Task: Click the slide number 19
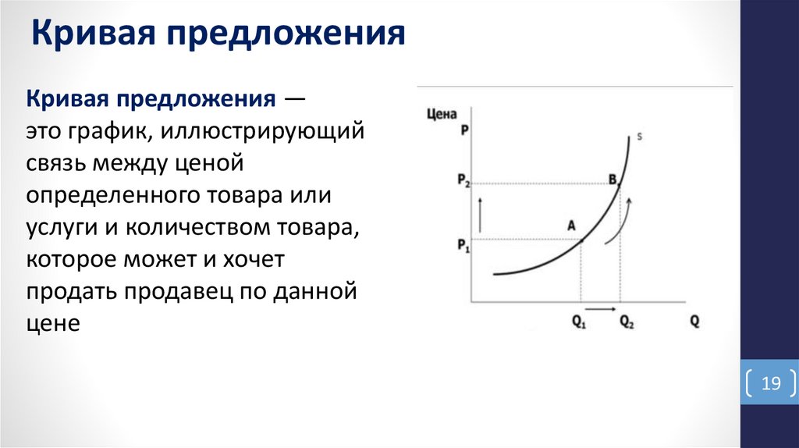(x=771, y=383)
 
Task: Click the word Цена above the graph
(x=442, y=114)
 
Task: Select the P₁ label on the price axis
(x=463, y=245)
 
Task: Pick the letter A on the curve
(x=571, y=224)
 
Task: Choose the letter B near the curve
(x=613, y=180)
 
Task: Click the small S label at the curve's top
(x=640, y=137)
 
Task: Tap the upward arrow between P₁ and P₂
(x=481, y=212)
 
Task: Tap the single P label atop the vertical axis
(x=464, y=130)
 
